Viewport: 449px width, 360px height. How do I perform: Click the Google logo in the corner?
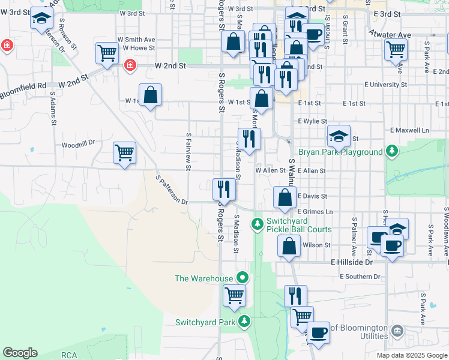[20, 353]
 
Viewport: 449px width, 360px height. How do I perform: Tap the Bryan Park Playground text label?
[340, 152]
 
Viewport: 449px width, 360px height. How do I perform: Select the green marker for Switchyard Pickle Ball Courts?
[257, 224]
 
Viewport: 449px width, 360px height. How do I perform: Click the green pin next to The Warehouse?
[242, 278]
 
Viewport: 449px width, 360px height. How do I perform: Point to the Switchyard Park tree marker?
[244, 322]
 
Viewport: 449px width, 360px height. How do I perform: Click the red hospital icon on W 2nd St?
[129, 65]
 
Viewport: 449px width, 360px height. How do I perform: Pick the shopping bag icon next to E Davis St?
[285, 196]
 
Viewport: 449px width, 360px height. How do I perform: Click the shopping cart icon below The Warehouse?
[234, 295]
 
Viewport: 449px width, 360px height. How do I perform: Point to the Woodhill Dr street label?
[79, 145]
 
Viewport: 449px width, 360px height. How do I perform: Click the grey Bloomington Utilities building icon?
[397, 331]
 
